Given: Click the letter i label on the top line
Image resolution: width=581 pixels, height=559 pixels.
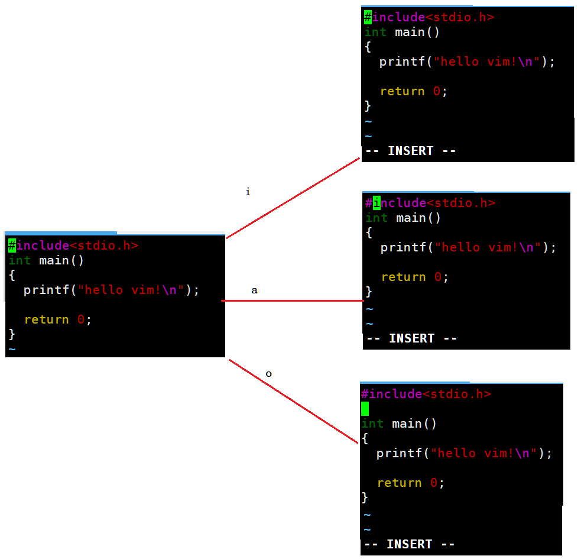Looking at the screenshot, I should click(x=248, y=192).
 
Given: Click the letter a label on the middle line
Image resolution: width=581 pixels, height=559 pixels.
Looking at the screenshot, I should click(x=254, y=290).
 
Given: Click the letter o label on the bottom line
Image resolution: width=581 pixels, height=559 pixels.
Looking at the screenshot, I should click(x=268, y=374).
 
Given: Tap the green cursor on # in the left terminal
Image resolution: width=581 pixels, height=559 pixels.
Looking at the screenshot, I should click(x=12, y=245).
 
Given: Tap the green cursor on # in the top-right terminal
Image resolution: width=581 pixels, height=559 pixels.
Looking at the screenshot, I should click(x=368, y=17).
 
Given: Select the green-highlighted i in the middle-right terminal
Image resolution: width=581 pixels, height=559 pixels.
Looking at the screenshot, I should click(x=376, y=203).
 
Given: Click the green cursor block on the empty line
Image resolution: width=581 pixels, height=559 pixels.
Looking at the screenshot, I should click(x=365, y=409).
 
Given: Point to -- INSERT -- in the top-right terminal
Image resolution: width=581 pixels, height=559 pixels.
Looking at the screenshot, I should click(x=410, y=151).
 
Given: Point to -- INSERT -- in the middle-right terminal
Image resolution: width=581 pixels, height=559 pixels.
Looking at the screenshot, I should click(x=411, y=338).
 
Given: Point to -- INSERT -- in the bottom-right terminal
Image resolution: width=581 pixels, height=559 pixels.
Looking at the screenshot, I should click(x=409, y=544).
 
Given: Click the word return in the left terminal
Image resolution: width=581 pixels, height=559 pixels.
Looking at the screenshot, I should click(x=46, y=319).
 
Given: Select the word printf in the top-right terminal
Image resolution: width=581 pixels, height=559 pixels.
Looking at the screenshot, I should click(x=402, y=62).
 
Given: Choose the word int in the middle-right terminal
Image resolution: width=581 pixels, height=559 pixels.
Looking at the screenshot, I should click(x=376, y=218).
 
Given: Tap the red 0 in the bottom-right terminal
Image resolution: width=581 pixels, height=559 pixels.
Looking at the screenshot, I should click(x=433, y=483).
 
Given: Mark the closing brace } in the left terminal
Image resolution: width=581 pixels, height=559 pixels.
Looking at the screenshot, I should click(x=12, y=334).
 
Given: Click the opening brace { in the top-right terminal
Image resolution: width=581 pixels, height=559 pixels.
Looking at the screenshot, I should click(x=368, y=47).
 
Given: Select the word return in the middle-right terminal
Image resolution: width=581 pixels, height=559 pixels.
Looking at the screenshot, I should click(x=403, y=277).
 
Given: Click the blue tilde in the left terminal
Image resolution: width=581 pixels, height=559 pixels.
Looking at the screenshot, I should click(x=12, y=349).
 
